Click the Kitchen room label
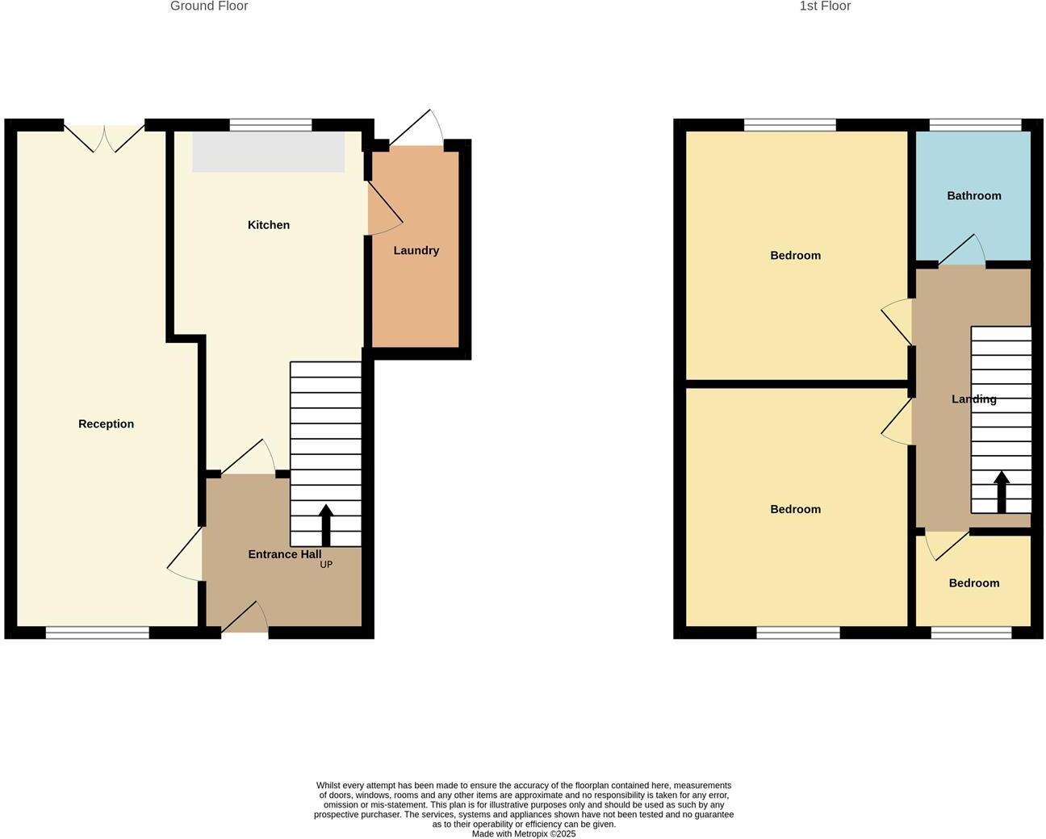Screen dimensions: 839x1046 268,225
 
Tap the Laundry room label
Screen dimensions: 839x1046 416,251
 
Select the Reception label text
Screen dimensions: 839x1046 106,424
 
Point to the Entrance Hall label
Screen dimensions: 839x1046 284,554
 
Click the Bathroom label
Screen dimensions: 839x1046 973,196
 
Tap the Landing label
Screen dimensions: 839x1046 973,399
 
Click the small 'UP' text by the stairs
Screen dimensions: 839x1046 326,565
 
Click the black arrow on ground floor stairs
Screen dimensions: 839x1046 326,525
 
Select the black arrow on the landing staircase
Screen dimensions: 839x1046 1001,491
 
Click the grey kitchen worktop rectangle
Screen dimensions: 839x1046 268,152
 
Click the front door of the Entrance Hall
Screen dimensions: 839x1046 245,620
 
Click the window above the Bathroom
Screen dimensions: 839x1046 975,125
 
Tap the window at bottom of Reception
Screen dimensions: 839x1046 97,632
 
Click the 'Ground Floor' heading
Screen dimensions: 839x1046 209,6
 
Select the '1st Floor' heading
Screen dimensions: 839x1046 825,6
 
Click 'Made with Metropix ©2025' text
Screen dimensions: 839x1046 524,834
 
